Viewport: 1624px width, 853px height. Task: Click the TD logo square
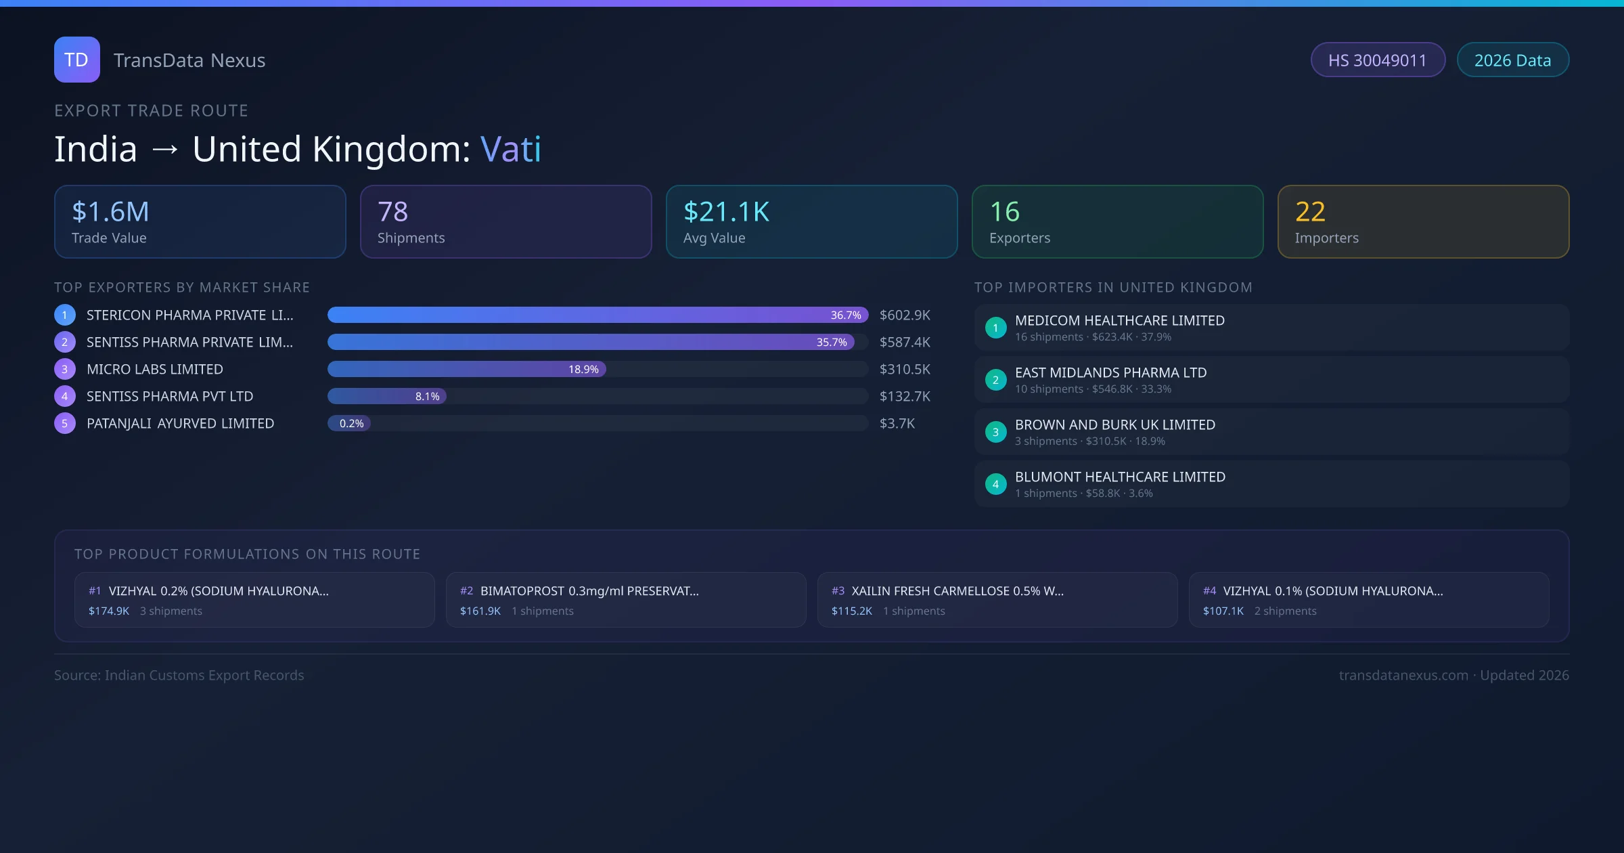coord(76,60)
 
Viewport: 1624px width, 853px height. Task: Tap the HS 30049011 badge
coord(1377,60)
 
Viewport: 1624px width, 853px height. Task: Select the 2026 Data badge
coord(1512,60)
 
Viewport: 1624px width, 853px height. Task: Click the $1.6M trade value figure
coord(110,212)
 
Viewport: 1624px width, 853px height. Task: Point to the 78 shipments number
coord(392,212)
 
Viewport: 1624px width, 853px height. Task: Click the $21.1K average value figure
coord(726,212)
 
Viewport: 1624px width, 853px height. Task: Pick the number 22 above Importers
coord(1310,212)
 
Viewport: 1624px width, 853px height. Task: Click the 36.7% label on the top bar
coord(845,315)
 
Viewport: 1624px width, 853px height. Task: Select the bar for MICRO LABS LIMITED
coord(467,369)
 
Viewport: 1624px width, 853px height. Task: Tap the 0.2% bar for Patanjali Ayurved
coord(350,424)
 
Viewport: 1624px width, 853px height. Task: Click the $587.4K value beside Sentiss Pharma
coord(905,343)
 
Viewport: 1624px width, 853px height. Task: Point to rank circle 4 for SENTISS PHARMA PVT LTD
coord(65,397)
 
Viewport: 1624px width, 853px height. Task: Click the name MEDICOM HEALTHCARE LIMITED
coord(1119,321)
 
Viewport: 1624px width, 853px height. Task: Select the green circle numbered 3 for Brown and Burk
coord(995,432)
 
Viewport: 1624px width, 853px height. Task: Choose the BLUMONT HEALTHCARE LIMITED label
coord(1120,477)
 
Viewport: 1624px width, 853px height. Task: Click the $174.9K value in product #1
coord(109,611)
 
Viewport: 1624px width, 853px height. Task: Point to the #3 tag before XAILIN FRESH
coord(838,591)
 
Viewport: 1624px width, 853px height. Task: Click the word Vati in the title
coord(511,149)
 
